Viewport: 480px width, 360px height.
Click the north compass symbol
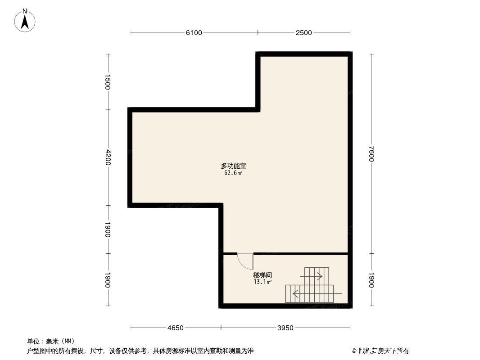(x=25, y=21)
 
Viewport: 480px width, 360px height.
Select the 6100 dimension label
(x=194, y=32)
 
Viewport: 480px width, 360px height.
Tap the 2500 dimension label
(x=304, y=32)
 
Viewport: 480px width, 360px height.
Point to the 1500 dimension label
(x=108, y=82)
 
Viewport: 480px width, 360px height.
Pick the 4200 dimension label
(x=108, y=157)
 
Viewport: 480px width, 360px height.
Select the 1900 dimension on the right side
(x=371, y=280)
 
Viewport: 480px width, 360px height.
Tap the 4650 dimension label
(x=175, y=328)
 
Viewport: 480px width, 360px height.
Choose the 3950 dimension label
(x=285, y=328)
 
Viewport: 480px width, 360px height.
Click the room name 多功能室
(x=233, y=166)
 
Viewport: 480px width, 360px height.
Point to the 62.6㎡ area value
(x=233, y=173)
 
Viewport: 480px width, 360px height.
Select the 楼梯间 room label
(x=262, y=275)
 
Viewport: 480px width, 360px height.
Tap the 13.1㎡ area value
(x=262, y=282)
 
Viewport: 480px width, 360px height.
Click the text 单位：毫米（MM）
(x=50, y=341)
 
